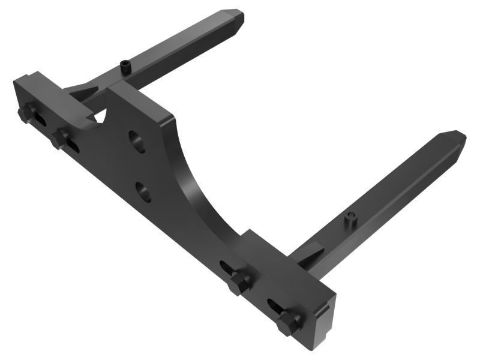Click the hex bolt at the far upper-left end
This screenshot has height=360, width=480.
pyautogui.click(x=26, y=113)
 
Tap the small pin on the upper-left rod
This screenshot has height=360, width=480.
pyautogui.click(x=125, y=67)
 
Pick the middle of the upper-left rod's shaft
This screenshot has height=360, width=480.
pyautogui.click(x=180, y=45)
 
